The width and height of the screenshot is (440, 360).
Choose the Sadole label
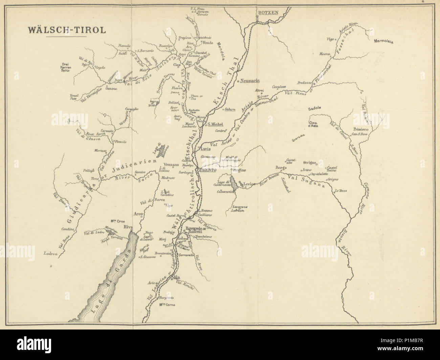pos(314,109)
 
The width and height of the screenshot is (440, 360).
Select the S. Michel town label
pos(216,124)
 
